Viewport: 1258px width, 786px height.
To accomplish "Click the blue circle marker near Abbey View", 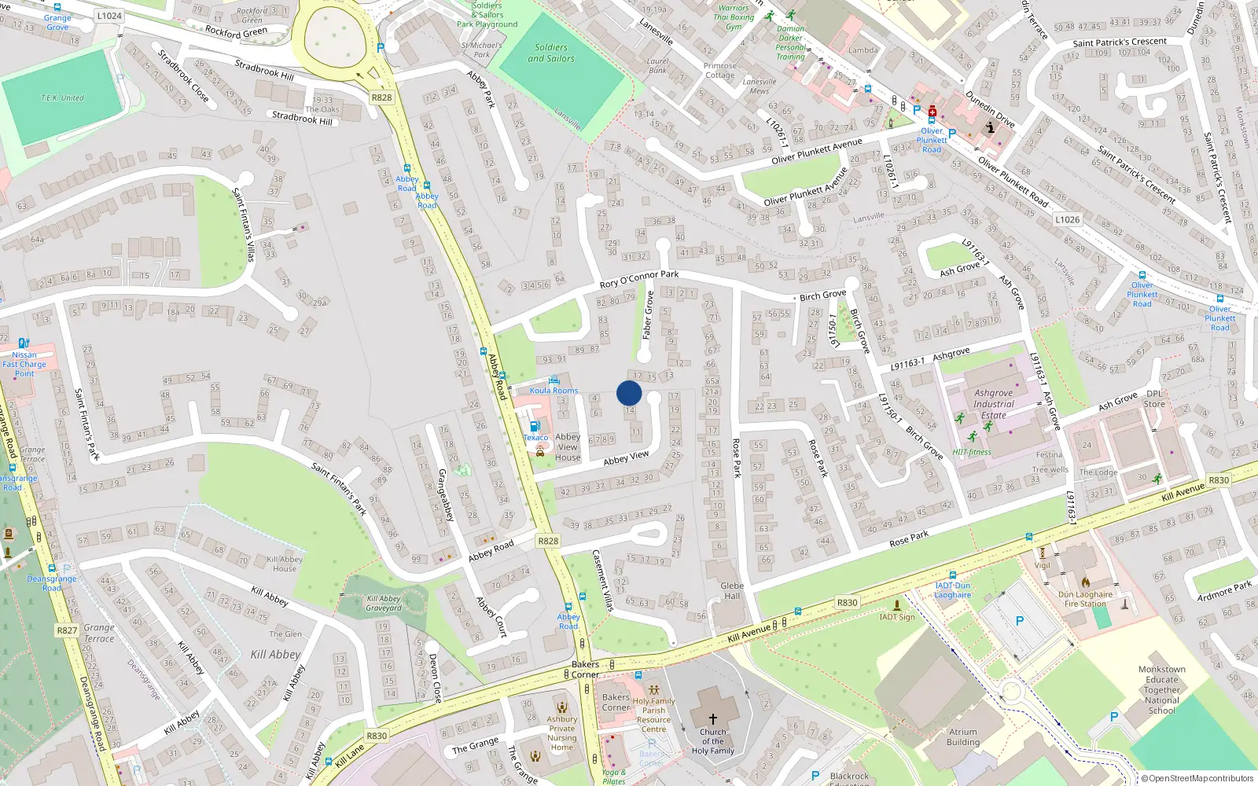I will (x=629, y=393).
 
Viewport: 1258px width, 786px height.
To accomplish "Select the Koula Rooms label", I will (x=554, y=391).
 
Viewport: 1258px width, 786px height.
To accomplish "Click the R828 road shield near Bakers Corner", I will (x=548, y=541).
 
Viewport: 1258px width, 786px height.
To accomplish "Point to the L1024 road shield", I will (x=109, y=16).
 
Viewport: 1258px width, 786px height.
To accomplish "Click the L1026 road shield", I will (x=1068, y=219).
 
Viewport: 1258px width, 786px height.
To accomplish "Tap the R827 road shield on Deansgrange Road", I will (x=67, y=630).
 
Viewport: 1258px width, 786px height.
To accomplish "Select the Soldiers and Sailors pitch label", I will (x=550, y=53).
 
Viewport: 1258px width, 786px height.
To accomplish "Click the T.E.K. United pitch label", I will (x=62, y=98).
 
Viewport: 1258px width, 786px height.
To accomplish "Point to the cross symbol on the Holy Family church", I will (x=713, y=718).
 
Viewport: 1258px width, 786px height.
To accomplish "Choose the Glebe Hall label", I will (x=732, y=590).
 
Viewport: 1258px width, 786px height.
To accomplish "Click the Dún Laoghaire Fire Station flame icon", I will (x=1086, y=582).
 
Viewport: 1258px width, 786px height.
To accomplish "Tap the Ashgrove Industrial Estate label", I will (x=994, y=404).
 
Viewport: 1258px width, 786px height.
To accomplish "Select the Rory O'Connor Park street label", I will (x=638, y=278).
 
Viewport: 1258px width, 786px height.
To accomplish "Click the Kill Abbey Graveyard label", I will (x=384, y=604).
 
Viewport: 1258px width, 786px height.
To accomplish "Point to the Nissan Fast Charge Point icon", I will (x=24, y=343).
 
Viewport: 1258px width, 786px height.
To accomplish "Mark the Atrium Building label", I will (x=963, y=736).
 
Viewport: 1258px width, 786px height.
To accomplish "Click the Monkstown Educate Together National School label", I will (x=1162, y=690).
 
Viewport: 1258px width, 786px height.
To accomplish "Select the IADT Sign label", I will (x=897, y=616).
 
